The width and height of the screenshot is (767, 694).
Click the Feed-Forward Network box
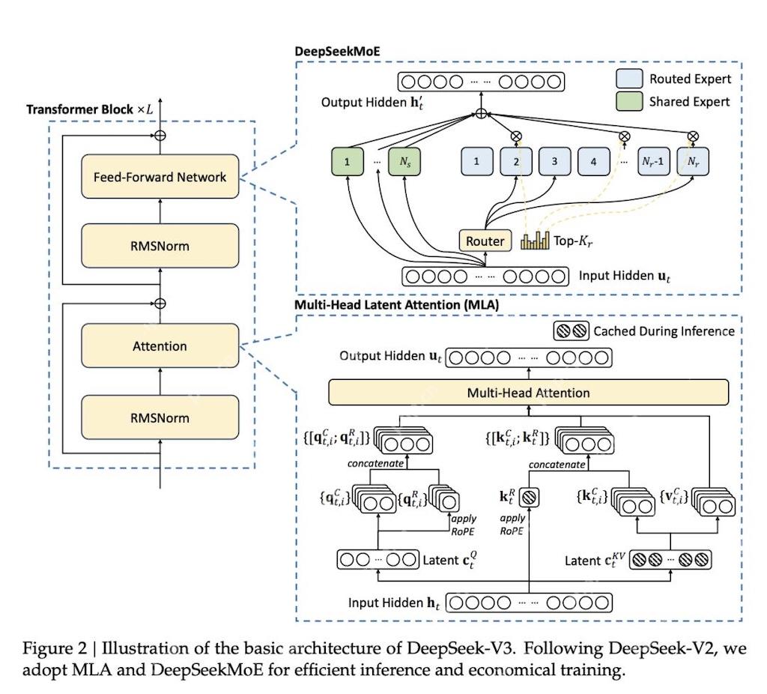(160, 177)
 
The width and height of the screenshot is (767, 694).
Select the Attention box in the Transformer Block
(160, 346)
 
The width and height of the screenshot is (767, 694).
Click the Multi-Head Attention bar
(528, 393)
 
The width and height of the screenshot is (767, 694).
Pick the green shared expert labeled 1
(348, 161)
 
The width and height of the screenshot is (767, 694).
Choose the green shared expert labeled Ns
(405, 161)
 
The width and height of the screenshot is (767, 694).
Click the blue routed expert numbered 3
(554, 161)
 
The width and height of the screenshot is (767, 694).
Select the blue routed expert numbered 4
(594, 161)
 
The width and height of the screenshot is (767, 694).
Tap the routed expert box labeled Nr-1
(653, 161)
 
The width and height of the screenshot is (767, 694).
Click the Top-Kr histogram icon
(535, 241)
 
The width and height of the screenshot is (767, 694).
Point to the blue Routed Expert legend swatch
(628, 79)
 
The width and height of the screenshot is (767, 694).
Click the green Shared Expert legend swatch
(628, 101)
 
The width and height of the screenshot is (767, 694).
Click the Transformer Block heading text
(90, 109)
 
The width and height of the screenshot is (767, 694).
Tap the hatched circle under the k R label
(529, 496)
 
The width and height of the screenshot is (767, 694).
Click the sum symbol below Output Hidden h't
(482, 115)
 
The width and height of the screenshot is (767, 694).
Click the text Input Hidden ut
(625, 276)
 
